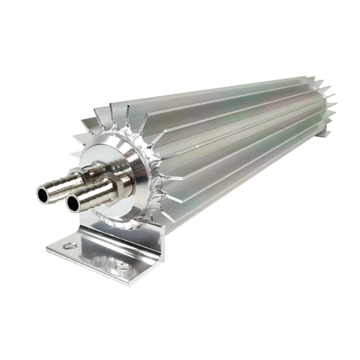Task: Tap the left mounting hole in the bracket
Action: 70,246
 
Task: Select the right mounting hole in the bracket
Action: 123,268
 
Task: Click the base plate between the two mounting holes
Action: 96,259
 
